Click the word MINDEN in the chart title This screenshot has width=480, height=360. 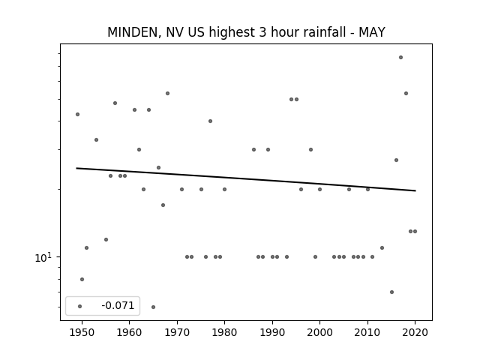(x=133, y=32)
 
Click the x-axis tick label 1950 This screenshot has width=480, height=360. (x=82, y=332)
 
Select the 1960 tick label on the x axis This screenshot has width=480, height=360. (x=129, y=332)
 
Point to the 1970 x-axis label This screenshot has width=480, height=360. (x=177, y=332)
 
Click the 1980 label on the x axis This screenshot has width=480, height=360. (x=224, y=332)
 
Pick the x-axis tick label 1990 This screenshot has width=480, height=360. (x=272, y=332)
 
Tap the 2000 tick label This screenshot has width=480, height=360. (x=319, y=332)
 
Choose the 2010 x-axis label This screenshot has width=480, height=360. (x=367, y=332)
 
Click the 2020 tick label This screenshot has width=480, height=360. (x=415, y=332)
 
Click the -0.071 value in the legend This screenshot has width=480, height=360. (x=118, y=305)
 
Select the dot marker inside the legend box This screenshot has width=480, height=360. (x=80, y=306)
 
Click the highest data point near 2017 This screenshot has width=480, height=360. (x=400, y=58)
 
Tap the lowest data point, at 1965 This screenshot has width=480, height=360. (x=153, y=307)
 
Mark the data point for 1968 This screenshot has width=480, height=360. (x=167, y=93)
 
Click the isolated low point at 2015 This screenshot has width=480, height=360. (x=391, y=292)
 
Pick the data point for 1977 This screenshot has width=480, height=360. (x=210, y=121)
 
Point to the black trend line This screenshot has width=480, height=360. (x=246, y=179)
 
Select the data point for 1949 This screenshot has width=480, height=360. (x=78, y=115)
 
